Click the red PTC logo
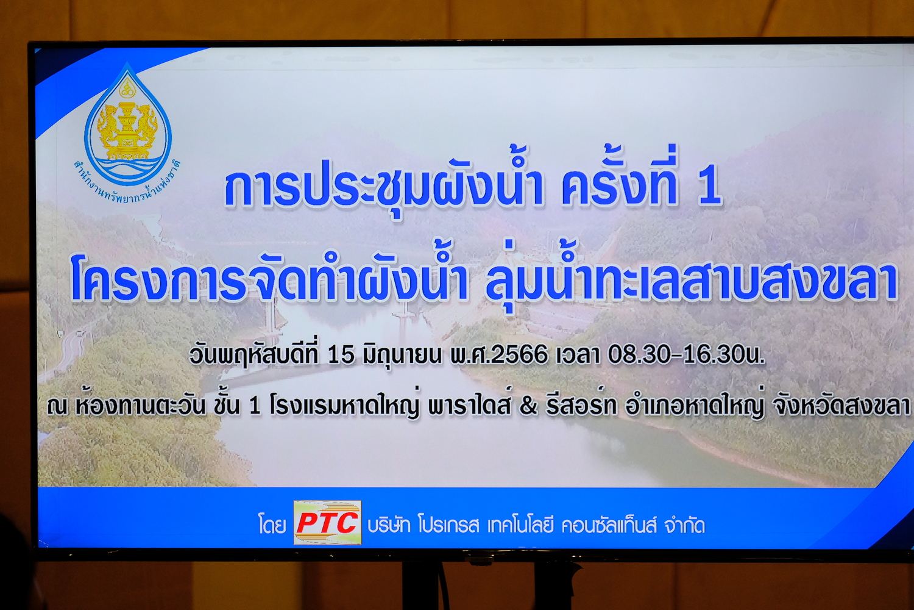tap(327, 523)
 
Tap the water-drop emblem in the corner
tap(128, 124)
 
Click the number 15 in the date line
tap(341, 354)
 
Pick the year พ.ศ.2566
tap(498, 354)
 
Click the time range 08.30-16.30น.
tap(686, 354)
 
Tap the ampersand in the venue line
tap(528, 406)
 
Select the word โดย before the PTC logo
tap(272, 525)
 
